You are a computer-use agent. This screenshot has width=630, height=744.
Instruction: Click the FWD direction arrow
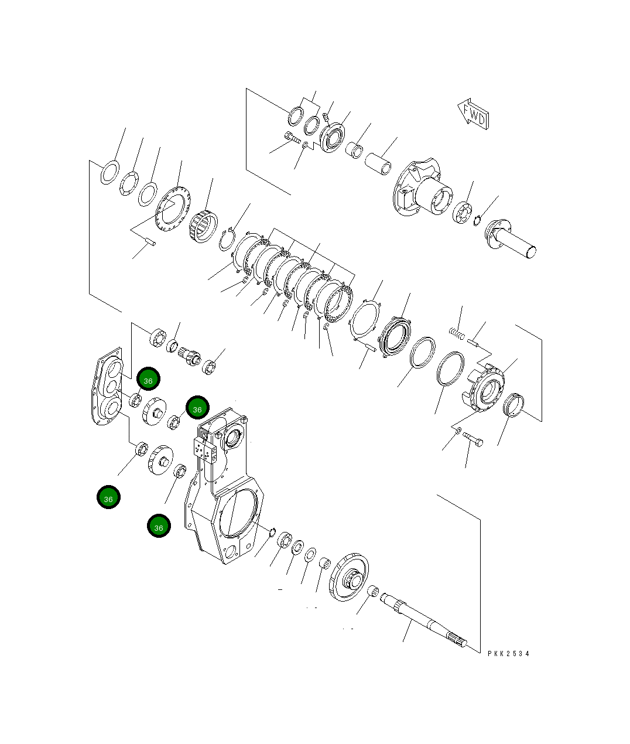point(473,114)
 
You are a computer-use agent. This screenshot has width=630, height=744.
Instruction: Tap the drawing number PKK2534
point(508,653)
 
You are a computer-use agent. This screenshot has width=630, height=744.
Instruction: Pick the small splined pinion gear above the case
point(192,356)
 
